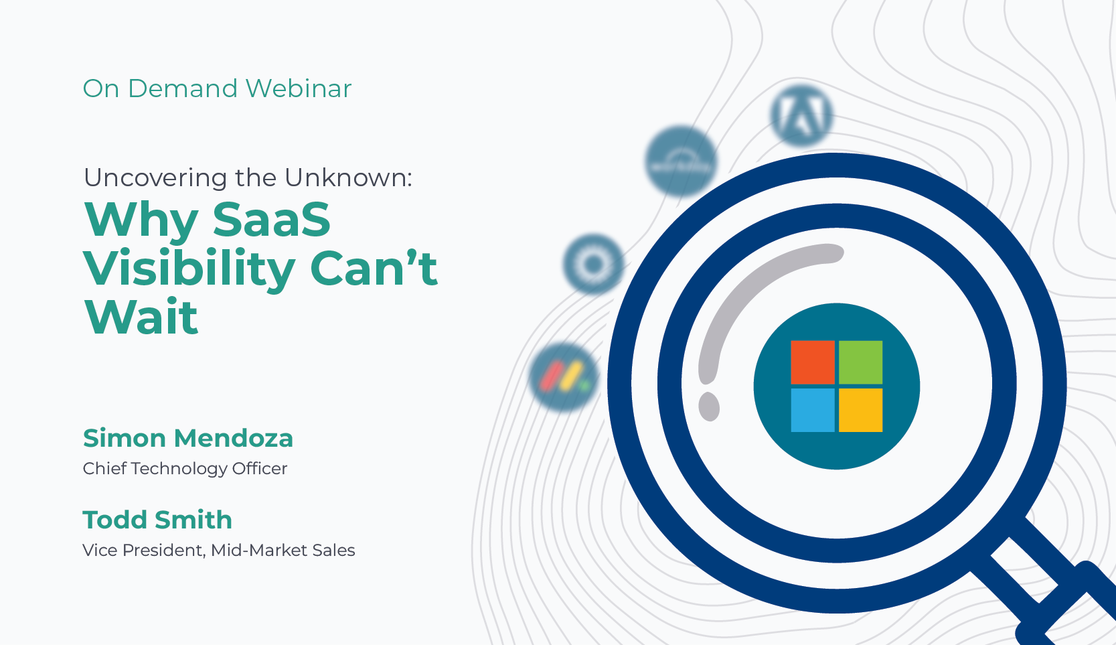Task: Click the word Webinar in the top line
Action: click(x=299, y=88)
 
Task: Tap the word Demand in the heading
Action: click(x=183, y=88)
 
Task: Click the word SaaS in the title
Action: click(x=272, y=219)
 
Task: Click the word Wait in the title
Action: click(x=141, y=317)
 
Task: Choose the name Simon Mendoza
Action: click(x=188, y=439)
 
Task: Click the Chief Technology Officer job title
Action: click(x=185, y=469)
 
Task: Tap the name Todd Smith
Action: click(x=157, y=520)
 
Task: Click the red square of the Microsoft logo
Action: click(x=813, y=362)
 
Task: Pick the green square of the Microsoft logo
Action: click(x=860, y=362)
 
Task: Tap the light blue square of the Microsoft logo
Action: click(x=813, y=410)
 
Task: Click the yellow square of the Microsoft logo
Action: click(x=860, y=410)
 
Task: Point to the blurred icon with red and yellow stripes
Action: click(x=564, y=377)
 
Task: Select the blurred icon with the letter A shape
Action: click(x=801, y=115)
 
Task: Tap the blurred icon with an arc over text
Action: click(x=681, y=161)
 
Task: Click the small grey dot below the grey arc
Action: click(x=709, y=407)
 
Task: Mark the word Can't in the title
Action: click(x=374, y=268)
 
